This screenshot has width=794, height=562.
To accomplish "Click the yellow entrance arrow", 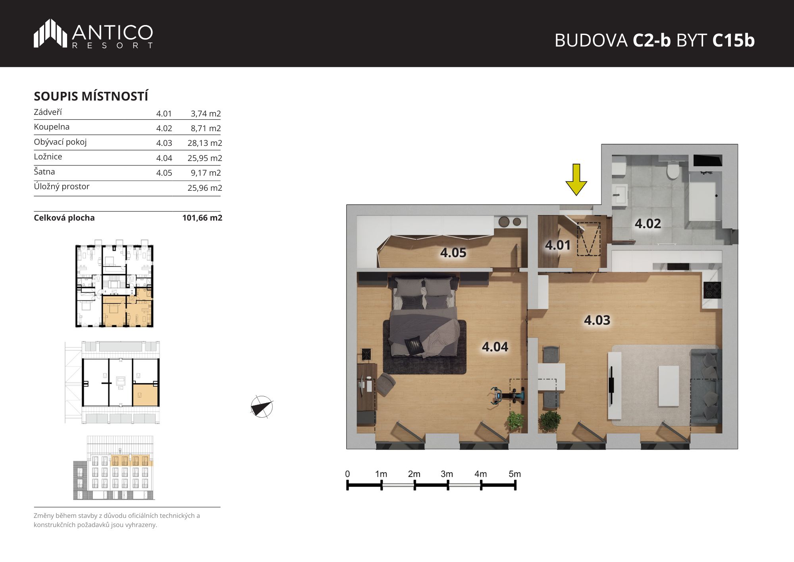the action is click(x=576, y=180).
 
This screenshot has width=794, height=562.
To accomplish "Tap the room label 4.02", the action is click(x=648, y=224).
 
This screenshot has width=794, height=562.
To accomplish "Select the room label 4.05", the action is click(x=453, y=253).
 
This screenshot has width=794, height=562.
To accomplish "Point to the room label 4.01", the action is click(x=558, y=245).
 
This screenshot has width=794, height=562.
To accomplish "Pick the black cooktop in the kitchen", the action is click(x=712, y=290).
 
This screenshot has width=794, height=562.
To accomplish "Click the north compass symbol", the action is click(x=262, y=407).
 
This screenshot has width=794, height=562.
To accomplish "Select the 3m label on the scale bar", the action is click(x=447, y=474).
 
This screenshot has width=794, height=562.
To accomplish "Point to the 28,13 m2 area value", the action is click(x=205, y=143).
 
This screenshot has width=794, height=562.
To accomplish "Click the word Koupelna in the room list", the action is click(x=52, y=127).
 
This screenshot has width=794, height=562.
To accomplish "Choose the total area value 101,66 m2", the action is click(x=202, y=218).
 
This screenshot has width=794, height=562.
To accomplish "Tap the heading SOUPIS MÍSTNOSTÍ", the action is click(x=91, y=96).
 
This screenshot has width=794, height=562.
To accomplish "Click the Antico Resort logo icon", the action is click(x=50, y=33).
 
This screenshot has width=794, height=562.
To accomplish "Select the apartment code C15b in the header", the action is click(x=733, y=41).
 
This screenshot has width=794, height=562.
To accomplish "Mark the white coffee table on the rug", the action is click(x=669, y=386).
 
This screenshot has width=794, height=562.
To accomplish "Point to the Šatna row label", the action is click(x=44, y=172).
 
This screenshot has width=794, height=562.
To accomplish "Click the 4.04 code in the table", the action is click(x=164, y=158).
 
